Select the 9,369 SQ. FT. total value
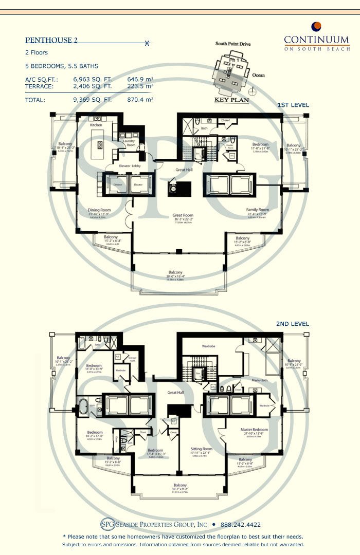[x=94, y=100]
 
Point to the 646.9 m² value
[x=140, y=80]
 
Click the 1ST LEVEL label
[x=293, y=105]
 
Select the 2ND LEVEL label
[x=293, y=324]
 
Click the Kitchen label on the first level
[x=96, y=125]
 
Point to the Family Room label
[x=258, y=210]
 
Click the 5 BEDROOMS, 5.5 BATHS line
[x=62, y=66]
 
